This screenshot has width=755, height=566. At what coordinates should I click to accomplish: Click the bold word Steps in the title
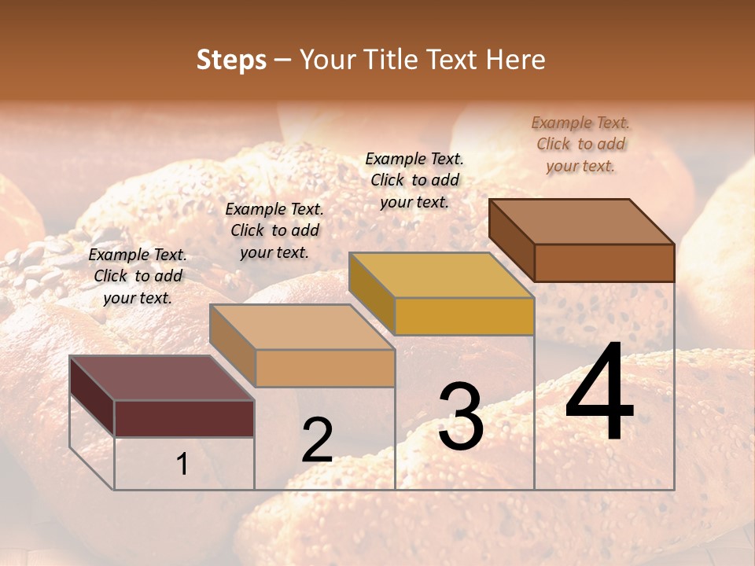(231, 60)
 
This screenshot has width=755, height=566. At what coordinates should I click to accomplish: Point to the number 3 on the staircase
(461, 417)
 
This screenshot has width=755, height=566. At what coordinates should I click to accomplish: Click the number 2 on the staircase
(317, 440)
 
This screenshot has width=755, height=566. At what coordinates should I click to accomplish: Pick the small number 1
(182, 465)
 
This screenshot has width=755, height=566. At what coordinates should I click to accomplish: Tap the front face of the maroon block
(184, 418)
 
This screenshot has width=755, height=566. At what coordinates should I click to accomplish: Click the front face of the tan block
(325, 368)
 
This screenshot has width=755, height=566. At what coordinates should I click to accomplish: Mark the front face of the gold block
(464, 316)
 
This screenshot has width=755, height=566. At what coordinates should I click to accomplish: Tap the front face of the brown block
(604, 263)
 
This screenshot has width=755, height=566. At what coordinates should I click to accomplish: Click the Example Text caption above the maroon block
(138, 276)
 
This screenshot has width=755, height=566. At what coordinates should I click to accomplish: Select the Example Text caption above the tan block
(274, 230)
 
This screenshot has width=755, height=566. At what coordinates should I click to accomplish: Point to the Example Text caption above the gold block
(414, 180)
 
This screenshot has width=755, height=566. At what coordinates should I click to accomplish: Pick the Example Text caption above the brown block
(580, 144)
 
